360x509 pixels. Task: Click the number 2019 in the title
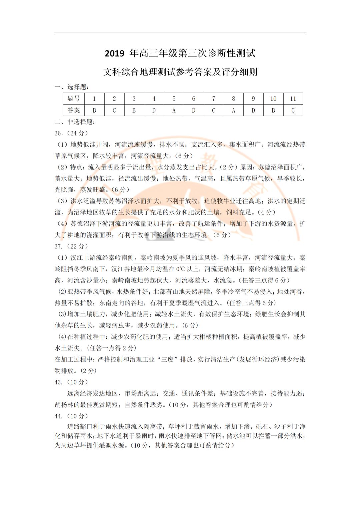pyautogui.click(x=115, y=54)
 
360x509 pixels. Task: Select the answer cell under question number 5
pyautogui.click(x=174, y=110)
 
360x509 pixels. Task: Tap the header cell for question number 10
pyautogui.click(x=273, y=99)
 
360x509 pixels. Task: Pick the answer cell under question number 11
pyautogui.click(x=293, y=110)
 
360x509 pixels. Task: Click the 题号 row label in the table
pyautogui.click(x=74, y=99)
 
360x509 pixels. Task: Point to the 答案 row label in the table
pyautogui.click(x=74, y=110)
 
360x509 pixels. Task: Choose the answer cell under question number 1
pyautogui.click(x=94, y=110)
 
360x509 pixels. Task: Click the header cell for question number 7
pyautogui.click(x=214, y=99)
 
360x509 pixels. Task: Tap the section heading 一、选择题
pyautogui.click(x=72, y=87)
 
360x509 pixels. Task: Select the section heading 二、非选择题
pyautogui.click(x=75, y=122)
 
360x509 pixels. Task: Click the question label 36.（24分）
pyautogui.click(x=71, y=133)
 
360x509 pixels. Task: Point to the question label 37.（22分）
pyautogui.click(x=71, y=247)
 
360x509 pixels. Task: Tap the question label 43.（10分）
pyautogui.click(x=71, y=382)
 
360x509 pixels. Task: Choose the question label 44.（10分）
pyautogui.click(x=71, y=416)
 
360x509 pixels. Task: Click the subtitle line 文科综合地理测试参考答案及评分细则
pyautogui.click(x=180, y=72)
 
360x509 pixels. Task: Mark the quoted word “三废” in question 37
pyautogui.click(x=169, y=359)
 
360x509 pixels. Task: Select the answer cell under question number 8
pyautogui.click(x=233, y=110)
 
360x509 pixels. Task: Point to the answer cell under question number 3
pyautogui.click(x=134, y=110)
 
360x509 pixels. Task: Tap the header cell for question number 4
pyautogui.click(x=154, y=99)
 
